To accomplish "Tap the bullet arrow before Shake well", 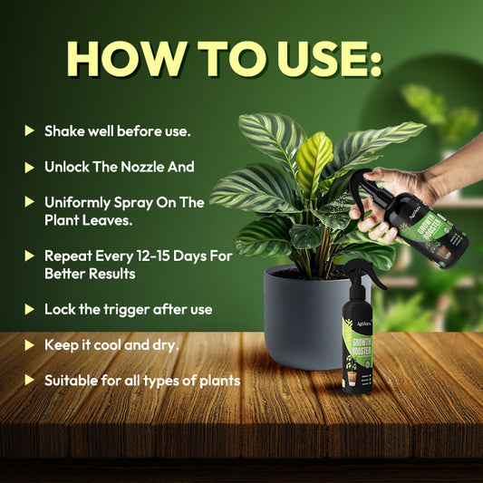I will coord(29,131).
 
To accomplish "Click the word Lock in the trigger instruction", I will coord(62,309).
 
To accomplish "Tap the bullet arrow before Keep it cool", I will coord(29,345).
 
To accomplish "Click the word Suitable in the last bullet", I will coord(72,381).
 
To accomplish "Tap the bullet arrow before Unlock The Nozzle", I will coord(29,168).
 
